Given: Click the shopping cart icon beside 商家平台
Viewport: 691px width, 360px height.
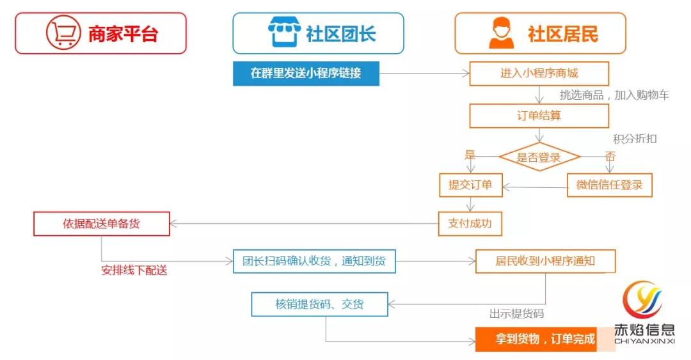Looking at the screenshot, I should coord(63,33).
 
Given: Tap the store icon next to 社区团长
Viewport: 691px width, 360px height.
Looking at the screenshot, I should coord(283,33).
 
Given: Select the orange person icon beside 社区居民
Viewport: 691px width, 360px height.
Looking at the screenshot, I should coord(501,33).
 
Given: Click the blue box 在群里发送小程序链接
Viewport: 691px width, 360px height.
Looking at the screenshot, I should coord(306,74).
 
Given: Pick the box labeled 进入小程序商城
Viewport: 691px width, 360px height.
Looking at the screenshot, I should coord(539,74).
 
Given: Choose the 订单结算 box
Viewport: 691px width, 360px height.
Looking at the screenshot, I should coord(539,116).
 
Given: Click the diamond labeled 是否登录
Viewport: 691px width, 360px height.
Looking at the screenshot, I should coord(539,157).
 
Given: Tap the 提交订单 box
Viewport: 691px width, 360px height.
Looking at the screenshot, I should coord(470,185).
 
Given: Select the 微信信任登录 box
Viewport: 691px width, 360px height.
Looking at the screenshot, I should coord(609,185).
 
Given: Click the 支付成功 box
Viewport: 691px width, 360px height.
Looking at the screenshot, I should coord(470,223).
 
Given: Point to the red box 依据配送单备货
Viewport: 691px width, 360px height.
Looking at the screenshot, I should coord(102,224).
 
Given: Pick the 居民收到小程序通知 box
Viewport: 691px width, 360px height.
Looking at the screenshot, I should coord(545,261).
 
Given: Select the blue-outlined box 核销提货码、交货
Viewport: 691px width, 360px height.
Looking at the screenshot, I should coord(319,304).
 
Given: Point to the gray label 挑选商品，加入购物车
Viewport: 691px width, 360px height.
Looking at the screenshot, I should coord(614,95).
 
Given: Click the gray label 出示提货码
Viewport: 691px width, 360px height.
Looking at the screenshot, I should coord(516,313).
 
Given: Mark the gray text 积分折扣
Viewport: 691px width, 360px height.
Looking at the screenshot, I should coord(635,139).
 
